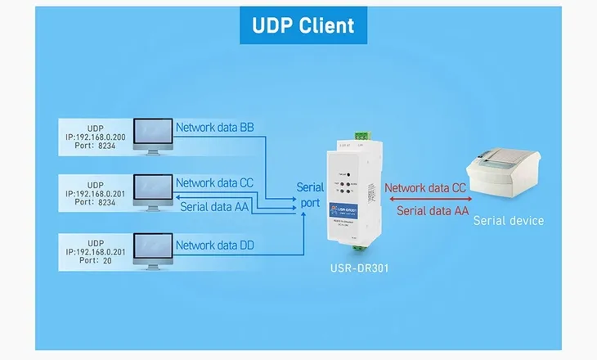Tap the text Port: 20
(96, 263)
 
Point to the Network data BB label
(216, 128)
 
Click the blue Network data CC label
(216, 183)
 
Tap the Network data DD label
(216, 245)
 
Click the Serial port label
(311, 196)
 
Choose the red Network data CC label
(425, 187)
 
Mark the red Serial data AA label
(433, 211)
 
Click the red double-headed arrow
(425, 199)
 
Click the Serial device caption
(508, 221)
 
